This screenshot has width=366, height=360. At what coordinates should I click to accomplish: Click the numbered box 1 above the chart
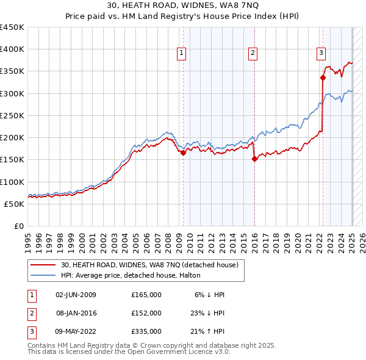click(x=182, y=54)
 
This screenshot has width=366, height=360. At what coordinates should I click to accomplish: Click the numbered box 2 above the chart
click(x=253, y=54)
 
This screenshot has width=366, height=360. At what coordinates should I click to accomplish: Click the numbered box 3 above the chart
click(x=321, y=54)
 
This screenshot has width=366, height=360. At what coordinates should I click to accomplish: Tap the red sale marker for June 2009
click(x=183, y=153)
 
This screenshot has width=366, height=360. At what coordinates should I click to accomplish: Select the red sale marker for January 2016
click(x=254, y=159)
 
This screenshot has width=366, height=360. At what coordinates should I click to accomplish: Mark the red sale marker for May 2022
click(x=323, y=77)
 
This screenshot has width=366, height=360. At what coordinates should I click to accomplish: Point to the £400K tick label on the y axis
click(x=12, y=49)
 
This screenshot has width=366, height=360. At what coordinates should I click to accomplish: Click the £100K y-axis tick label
click(x=12, y=182)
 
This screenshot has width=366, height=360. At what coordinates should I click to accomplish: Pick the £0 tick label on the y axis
click(x=19, y=226)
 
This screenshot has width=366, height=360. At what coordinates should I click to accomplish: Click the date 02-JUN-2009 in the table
click(x=76, y=295)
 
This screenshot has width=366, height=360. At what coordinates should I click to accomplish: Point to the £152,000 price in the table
click(x=146, y=312)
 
